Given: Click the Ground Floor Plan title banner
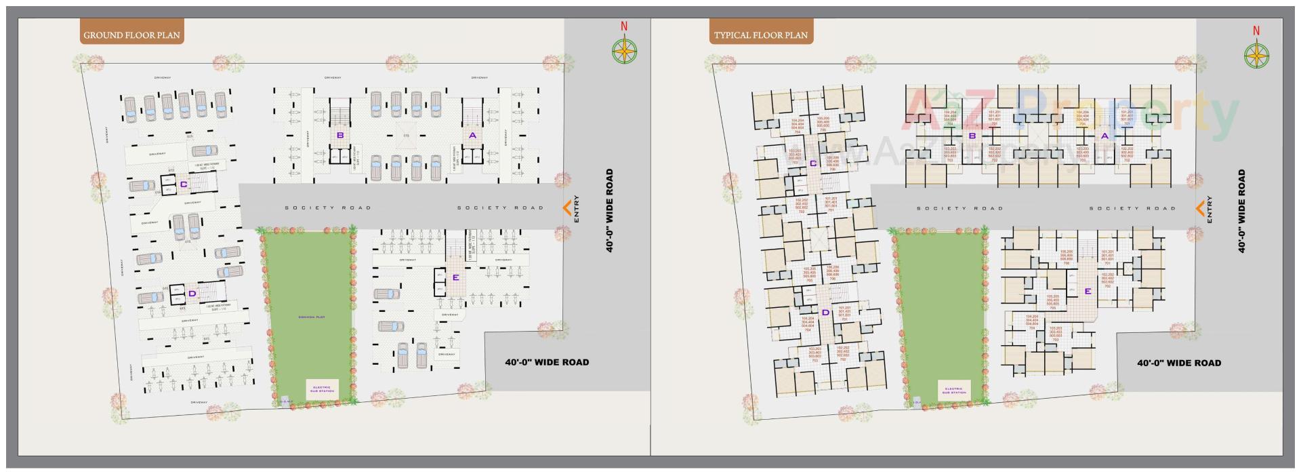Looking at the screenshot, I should coord(131,35).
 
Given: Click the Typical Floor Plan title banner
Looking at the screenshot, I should coord(761,35).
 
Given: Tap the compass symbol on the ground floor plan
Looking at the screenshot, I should coord(624,51).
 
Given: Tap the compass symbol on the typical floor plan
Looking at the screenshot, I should coord(1256,55).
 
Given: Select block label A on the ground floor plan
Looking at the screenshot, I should coord(472,135).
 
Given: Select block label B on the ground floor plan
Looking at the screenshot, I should coord(340,135).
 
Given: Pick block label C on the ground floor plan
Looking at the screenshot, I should coord(183,184).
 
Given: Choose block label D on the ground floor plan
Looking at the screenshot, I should coord(192,294).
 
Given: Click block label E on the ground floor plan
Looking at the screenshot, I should coord(455,277).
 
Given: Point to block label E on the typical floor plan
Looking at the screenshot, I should coord(1088,292).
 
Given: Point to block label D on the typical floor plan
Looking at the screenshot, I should coord(825,313).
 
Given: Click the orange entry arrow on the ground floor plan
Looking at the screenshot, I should coord(567,208).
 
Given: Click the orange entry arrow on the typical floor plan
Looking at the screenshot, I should coord(1199,208).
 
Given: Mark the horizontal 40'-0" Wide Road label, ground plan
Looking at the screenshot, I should coord(547,362).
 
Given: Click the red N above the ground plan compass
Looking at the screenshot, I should coord(623,27).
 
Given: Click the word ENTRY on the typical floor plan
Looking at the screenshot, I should coord(1210,209).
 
